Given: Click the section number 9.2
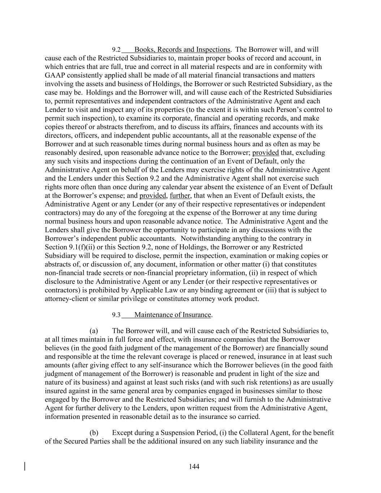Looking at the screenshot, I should point(116,50).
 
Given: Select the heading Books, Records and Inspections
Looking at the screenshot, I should point(182,49).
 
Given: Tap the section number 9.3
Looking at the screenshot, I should point(116,315).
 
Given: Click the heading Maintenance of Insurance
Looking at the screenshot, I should point(173,315).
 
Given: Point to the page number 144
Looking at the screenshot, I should point(194,467).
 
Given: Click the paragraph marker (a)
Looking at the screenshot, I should point(94,331).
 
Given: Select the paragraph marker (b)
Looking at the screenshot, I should point(94,433).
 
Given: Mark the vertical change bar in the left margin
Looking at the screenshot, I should point(25,466).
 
